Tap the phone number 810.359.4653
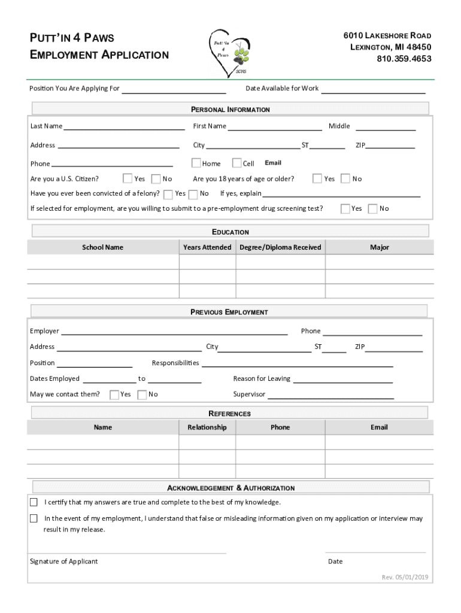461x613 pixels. point(404,59)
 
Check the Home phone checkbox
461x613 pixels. point(196,163)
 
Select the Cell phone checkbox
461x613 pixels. point(236,163)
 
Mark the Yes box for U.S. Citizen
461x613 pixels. point(128,178)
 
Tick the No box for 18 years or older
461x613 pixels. point(345,178)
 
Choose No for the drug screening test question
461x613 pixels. point(372,208)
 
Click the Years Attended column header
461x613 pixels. point(207,247)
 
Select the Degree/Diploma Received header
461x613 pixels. point(280,247)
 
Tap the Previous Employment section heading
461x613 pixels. point(229,312)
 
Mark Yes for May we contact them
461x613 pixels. point(114,394)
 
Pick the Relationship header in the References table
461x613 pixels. point(207,427)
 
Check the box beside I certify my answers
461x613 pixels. point(34,502)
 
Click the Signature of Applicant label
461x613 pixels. point(64,562)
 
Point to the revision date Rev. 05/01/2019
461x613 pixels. point(405,577)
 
